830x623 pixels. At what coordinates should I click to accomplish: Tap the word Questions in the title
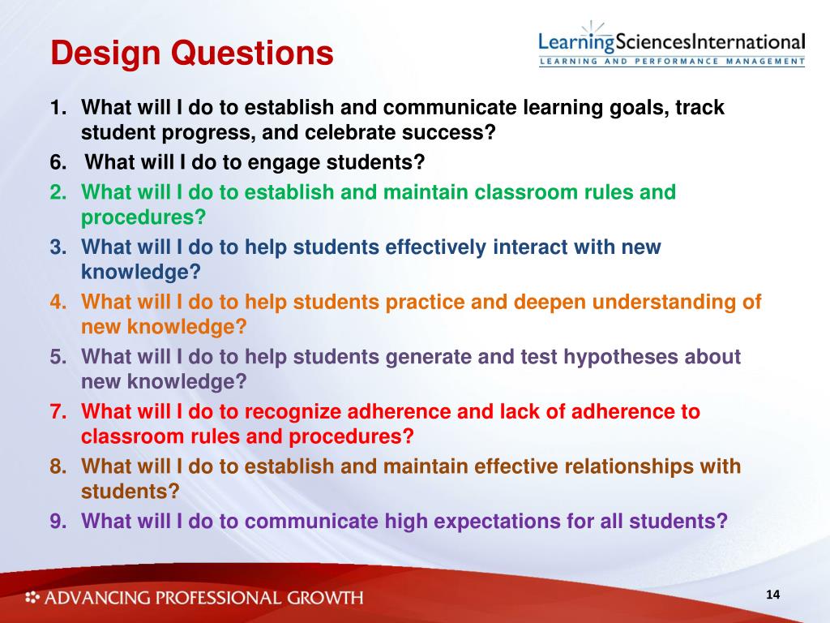pyautogui.click(x=252, y=54)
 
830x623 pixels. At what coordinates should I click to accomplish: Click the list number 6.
pyautogui.click(x=58, y=162)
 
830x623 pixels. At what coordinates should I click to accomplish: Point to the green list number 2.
pyautogui.click(x=58, y=192)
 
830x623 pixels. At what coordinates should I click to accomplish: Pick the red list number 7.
pyautogui.click(x=58, y=411)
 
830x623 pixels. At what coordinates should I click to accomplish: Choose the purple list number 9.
pyautogui.click(x=58, y=520)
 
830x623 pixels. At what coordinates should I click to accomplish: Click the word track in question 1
pyautogui.click(x=695, y=107)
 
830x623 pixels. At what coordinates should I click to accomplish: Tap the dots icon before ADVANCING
pyautogui.click(x=32, y=598)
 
